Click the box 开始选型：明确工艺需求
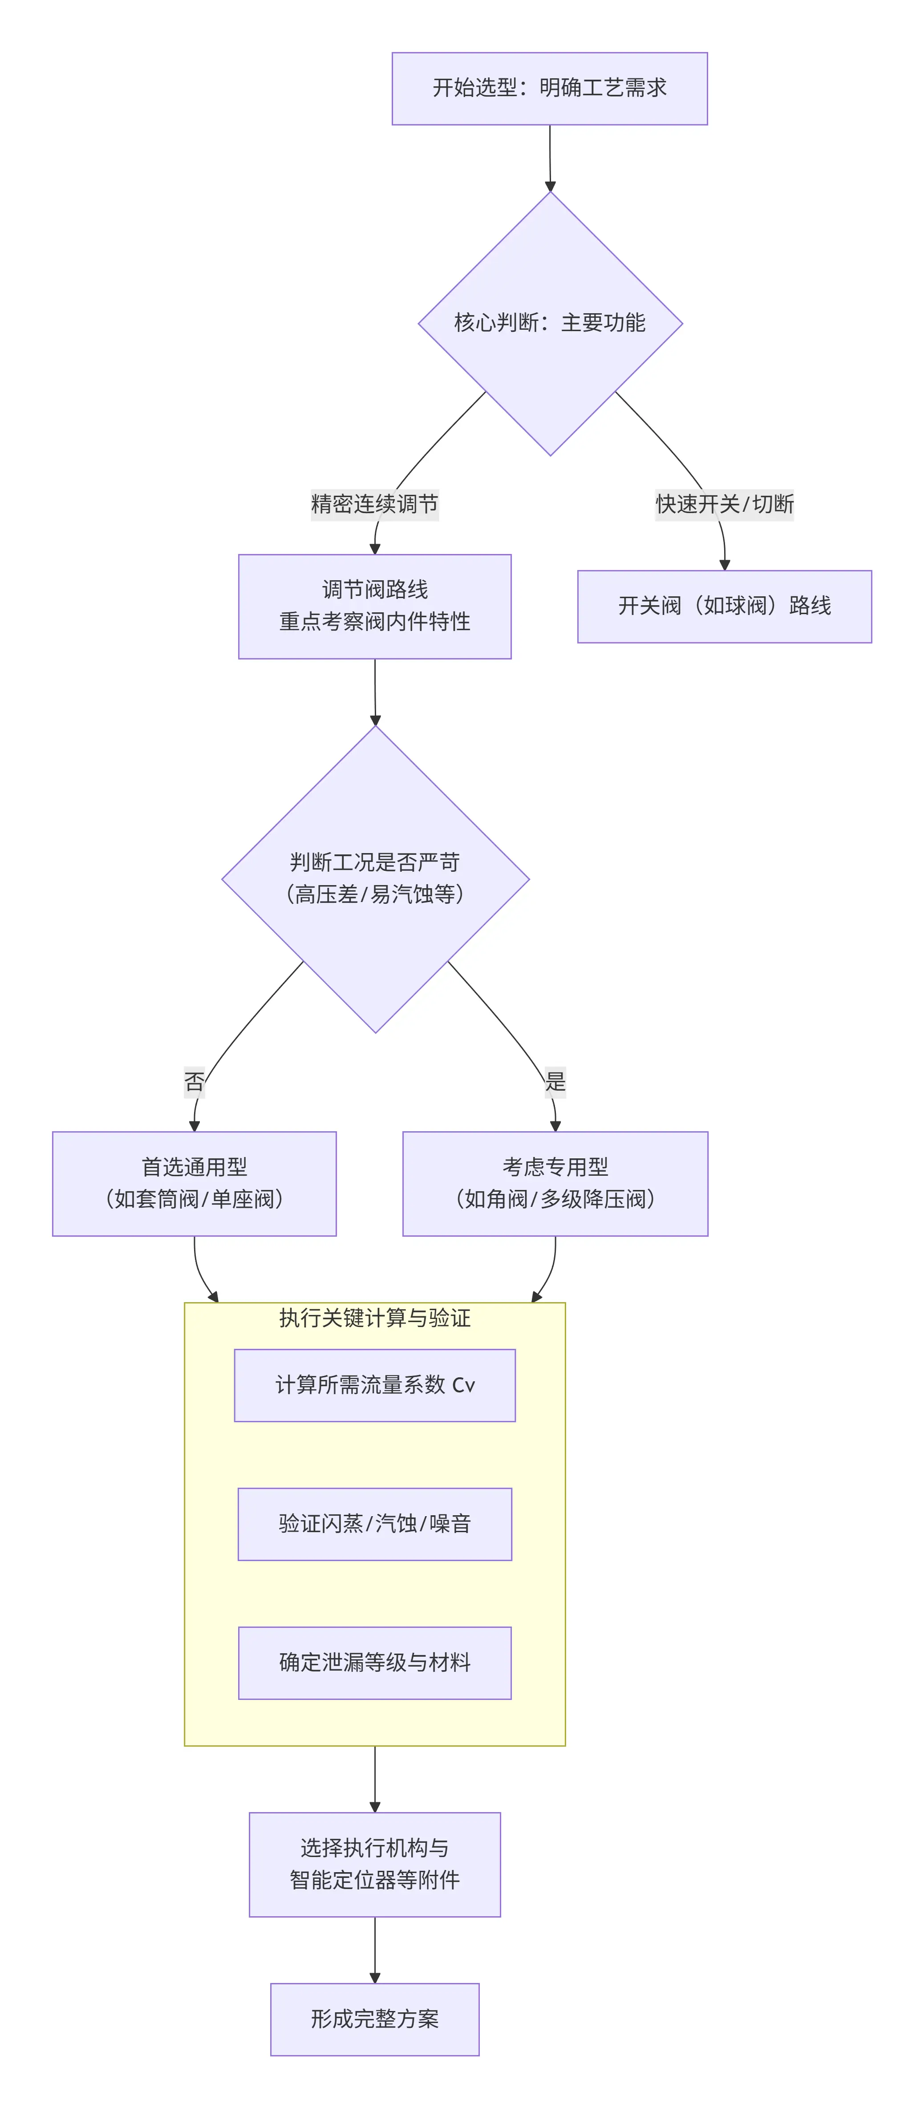pos(549,89)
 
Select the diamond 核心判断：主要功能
pos(550,323)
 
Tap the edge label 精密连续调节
pos(375,504)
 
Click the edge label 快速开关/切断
pos(724,504)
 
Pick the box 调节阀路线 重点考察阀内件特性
pos(375,607)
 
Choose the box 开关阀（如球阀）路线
pos(724,607)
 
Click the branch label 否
pos(195,1082)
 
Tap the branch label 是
pos(555,1082)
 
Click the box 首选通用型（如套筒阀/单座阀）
pos(195,1183)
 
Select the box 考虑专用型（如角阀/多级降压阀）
pos(555,1183)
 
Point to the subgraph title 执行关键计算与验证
pos(375,1318)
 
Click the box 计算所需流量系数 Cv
pos(375,1384)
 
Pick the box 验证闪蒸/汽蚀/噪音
pos(375,1524)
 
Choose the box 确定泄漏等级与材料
pos(375,1663)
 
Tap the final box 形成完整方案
pos(375,2019)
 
